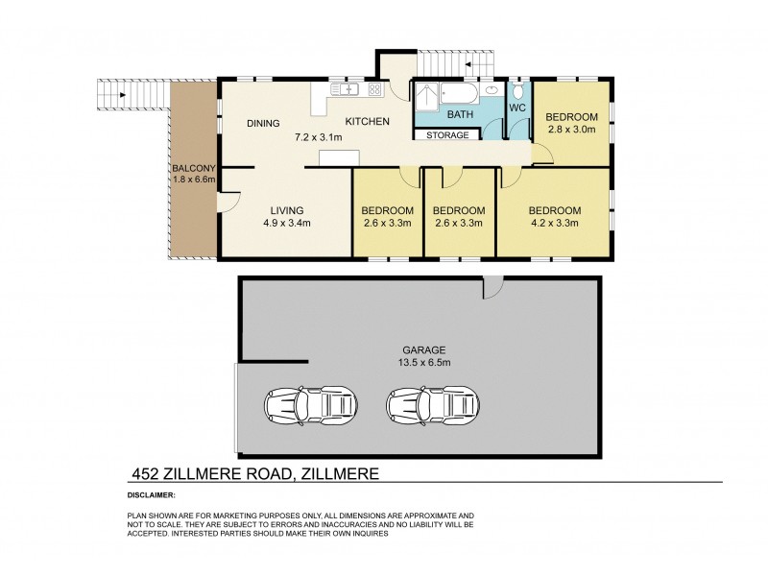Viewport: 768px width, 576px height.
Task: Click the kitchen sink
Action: pos(346,90)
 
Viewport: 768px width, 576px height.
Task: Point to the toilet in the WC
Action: pos(518,92)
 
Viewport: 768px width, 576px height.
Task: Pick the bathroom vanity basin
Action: pos(492,90)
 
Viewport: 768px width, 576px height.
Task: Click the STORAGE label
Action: pos(447,135)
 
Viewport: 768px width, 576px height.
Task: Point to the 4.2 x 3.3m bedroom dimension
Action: pos(554,224)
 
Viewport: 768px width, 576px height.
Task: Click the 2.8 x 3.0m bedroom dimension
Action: pos(572,129)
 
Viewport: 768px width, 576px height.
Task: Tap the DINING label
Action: pos(262,123)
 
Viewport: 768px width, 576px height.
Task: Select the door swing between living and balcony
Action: pos(228,201)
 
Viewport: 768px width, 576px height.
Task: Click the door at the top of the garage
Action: pos(492,286)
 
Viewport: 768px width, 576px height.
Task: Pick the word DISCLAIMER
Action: pos(151,495)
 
